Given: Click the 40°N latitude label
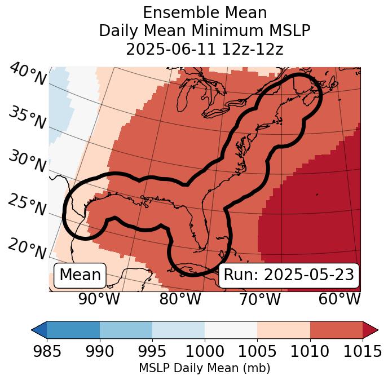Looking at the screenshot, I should click(x=28, y=74).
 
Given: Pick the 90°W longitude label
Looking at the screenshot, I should click(x=99, y=299).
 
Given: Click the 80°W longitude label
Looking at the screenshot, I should click(x=180, y=299).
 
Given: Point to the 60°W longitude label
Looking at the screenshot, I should click(x=339, y=299).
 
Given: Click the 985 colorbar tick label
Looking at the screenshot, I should click(x=47, y=351).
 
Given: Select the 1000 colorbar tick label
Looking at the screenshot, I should click(x=205, y=351).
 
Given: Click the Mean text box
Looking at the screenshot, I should click(x=80, y=275).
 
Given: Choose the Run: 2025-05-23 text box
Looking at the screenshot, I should click(x=289, y=275).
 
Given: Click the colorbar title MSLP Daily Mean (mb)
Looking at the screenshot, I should click(x=205, y=369).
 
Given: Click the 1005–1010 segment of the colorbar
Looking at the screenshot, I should click(x=284, y=329).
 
